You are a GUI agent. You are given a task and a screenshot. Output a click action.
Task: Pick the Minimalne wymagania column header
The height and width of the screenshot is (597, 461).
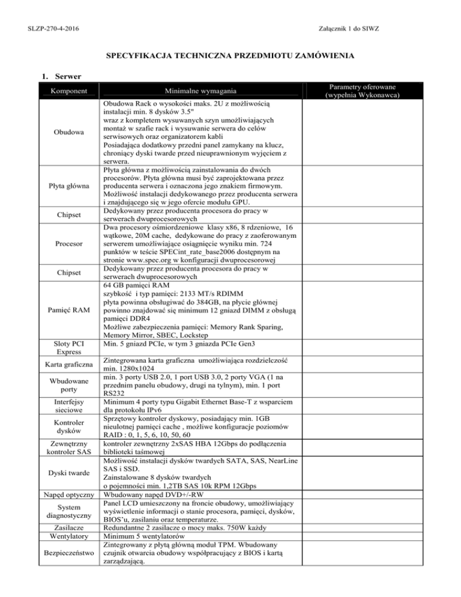pos(199,92)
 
